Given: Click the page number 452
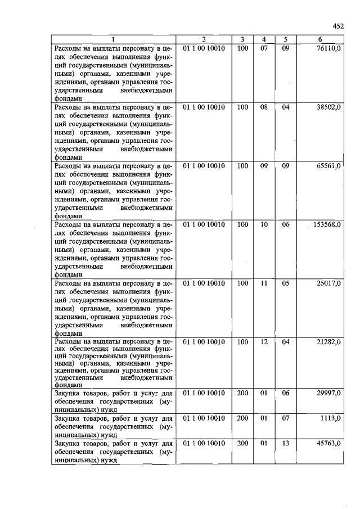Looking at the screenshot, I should tap(337, 26).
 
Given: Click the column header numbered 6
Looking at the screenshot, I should tap(319, 39).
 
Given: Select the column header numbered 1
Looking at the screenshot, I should tap(113, 39).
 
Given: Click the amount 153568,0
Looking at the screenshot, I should tap(327, 224).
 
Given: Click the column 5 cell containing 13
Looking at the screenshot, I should tap(285, 443).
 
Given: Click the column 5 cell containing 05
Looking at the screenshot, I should tap(285, 283).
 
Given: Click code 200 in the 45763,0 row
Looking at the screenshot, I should tap(242, 443).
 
